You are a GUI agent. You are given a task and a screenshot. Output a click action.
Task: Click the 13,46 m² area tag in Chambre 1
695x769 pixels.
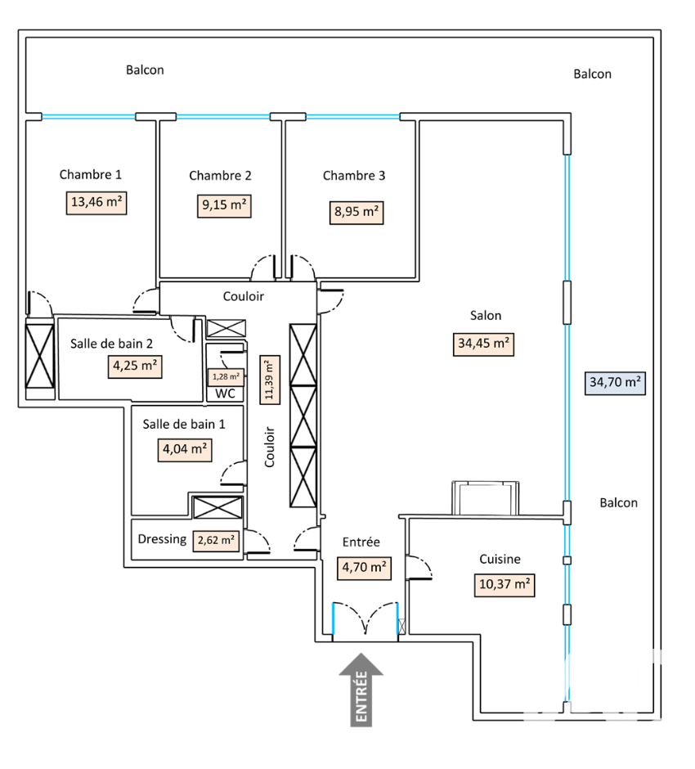[x=96, y=203]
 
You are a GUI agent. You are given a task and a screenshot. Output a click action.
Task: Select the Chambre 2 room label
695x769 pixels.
[x=220, y=175]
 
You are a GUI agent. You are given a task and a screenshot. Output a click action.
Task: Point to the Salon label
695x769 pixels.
[x=486, y=315]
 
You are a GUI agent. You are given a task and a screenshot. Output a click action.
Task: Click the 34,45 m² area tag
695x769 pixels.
[x=484, y=344]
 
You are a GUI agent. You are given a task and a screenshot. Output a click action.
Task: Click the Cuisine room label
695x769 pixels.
[x=500, y=559]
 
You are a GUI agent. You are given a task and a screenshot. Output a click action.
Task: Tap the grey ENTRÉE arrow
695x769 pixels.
[x=361, y=688]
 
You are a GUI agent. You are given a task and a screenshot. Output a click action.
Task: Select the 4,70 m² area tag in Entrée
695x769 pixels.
[x=364, y=568]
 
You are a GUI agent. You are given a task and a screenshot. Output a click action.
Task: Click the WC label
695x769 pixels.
[x=225, y=393]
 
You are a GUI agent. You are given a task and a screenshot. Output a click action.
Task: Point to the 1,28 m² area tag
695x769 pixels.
[x=225, y=376]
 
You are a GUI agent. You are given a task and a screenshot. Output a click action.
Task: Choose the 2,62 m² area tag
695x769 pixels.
[x=216, y=540]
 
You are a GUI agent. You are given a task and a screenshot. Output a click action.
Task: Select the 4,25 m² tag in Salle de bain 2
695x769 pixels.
[x=135, y=366]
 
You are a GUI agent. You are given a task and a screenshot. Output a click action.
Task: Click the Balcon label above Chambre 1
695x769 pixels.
[x=145, y=70]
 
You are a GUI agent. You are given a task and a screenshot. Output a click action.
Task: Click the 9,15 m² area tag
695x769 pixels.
[x=224, y=205]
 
